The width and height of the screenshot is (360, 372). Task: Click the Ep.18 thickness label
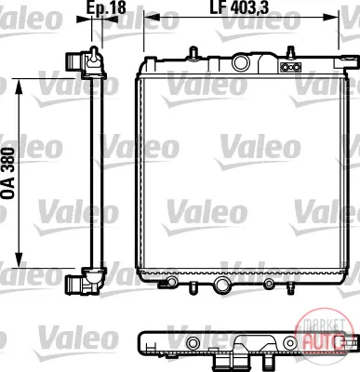[x=106, y=7]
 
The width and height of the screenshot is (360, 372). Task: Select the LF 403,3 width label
[x=239, y=7]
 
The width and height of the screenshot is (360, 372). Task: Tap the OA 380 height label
[x=8, y=173]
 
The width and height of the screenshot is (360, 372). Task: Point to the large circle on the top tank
[x=241, y=62]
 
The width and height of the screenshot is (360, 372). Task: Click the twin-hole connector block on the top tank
[x=290, y=67]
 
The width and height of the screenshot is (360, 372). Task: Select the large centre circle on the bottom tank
[x=222, y=284]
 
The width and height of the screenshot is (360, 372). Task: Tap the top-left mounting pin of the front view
[x=193, y=52]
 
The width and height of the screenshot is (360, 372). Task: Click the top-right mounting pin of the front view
[x=290, y=52]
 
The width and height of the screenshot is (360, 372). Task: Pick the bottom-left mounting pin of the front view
[x=193, y=286]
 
